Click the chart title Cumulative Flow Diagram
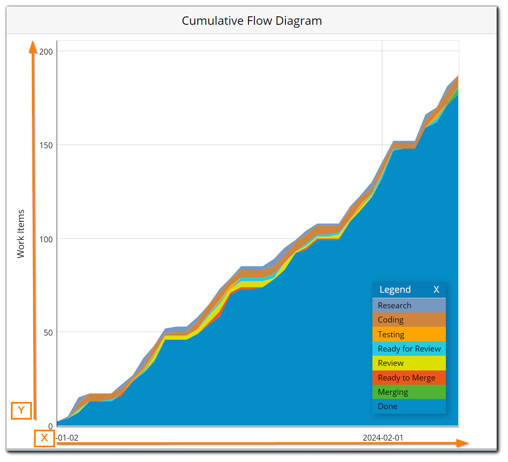pyautogui.click(x=252, y=21)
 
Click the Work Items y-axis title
pyautogui.click(x=21, y=234)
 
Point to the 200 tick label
pyautogui.click(x=46, y=52)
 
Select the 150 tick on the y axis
pyautogui.click(x=46, y=145)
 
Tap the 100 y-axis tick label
pyautogui.click(x=46, y=239)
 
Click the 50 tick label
pyautogui.click(x=48, y=333)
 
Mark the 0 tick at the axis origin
pyautogui.click(x=50, y=426)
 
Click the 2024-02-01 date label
pyautogui.click(x=383, y=438)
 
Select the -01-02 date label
pyautogui.click(x=68, y=438)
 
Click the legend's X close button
pyautogui.click(x=436, y=290)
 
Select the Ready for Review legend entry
pyautogui.click(x=409, y=349)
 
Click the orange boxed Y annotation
pyautogui.click(x=21, y=410)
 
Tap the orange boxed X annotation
pyautogui.click(x=44, y=438)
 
